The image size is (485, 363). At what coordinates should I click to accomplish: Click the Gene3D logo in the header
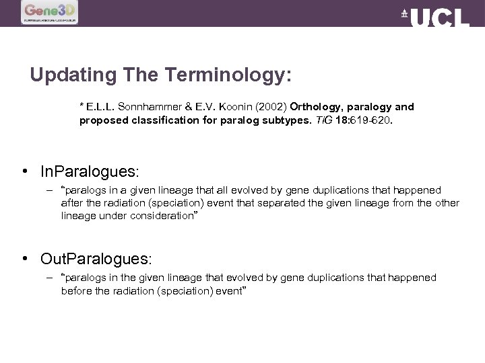(50, 12)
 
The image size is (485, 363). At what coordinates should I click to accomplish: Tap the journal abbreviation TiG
(323, 121)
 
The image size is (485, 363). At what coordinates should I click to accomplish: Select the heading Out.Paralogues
(96, 259)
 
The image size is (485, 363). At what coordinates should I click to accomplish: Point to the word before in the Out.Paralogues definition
(77, 290)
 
